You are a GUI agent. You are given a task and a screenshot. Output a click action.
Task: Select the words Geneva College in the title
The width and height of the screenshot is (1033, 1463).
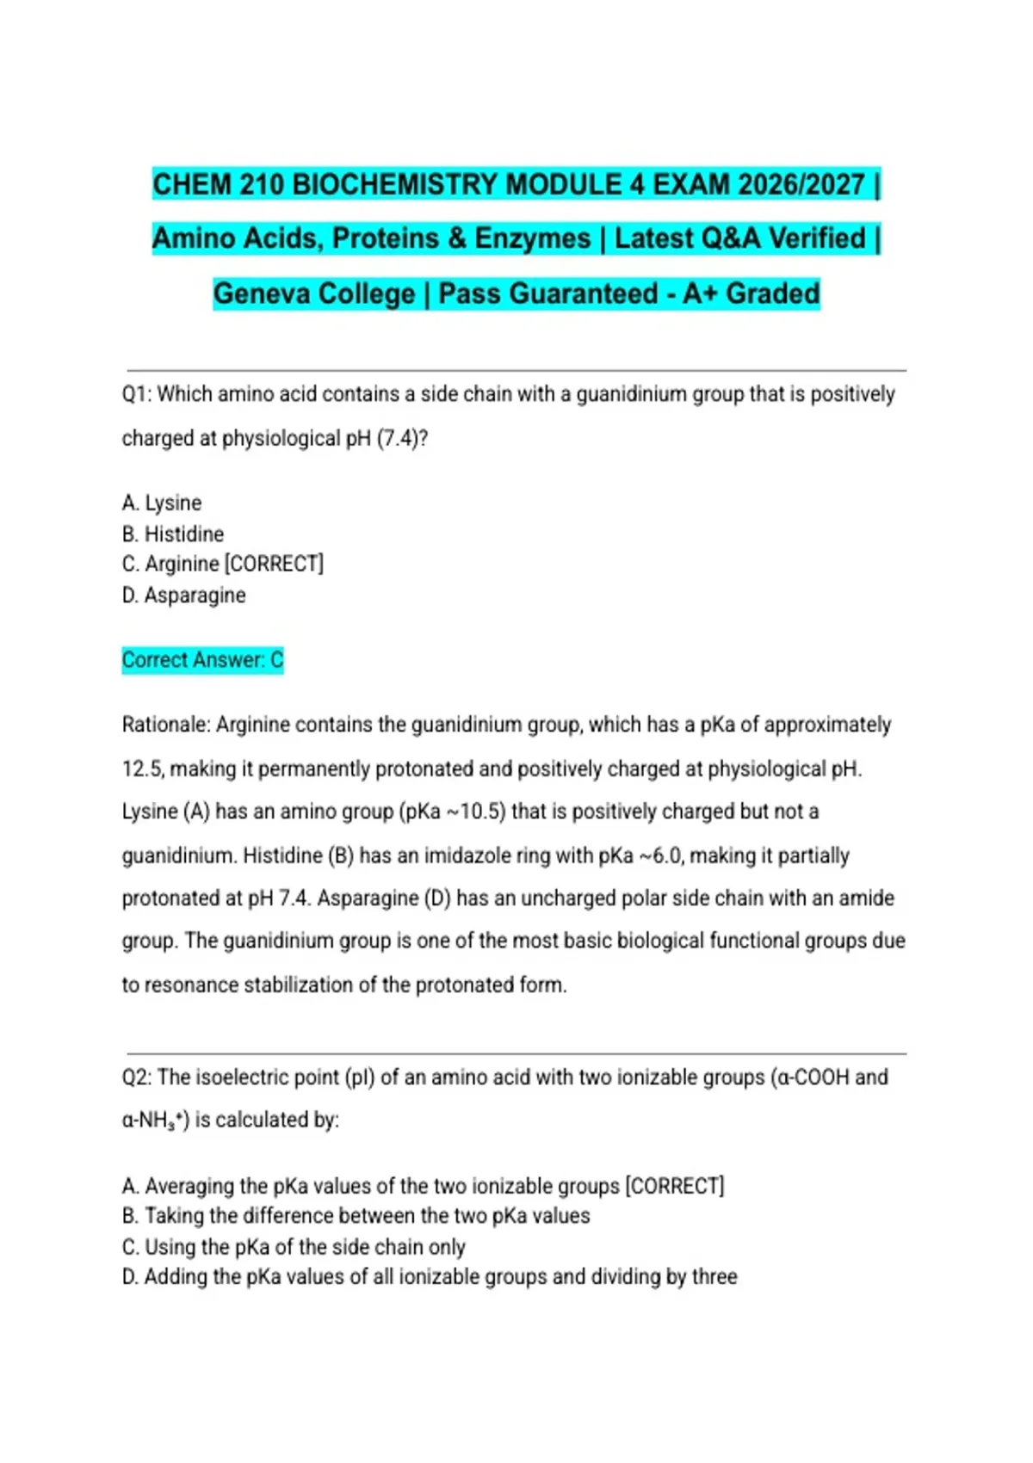[314, 293]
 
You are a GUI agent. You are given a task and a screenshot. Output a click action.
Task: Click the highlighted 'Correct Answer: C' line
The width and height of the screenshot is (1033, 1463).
[202, 660]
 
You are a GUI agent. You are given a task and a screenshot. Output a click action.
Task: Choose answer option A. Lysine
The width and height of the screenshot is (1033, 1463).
[162, 503]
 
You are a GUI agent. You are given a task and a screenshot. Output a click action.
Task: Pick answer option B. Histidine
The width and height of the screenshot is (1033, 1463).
[173, 534]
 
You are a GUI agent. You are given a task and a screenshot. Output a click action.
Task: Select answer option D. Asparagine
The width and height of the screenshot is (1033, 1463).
[183, 596]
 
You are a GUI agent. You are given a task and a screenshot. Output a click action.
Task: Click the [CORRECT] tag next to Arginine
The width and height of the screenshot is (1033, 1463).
[274, 564]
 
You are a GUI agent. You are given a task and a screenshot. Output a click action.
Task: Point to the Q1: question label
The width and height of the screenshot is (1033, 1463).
[137, 394]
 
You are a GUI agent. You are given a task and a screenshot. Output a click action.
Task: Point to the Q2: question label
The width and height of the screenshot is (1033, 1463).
[137, 1077]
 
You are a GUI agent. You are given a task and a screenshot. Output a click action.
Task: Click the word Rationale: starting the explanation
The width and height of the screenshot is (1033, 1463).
[166, 725]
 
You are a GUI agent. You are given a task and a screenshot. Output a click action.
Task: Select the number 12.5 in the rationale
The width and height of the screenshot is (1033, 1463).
[142, 769]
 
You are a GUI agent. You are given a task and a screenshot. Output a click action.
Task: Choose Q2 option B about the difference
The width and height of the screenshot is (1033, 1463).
[356, 1216]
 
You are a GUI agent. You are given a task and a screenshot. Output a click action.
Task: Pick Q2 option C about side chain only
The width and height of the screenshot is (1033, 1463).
[294, 1247]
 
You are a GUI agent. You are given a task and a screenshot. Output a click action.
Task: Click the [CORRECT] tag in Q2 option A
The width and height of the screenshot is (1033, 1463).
[675, 1186]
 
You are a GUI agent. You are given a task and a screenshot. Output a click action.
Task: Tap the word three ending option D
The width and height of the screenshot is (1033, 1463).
[714, 1277]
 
